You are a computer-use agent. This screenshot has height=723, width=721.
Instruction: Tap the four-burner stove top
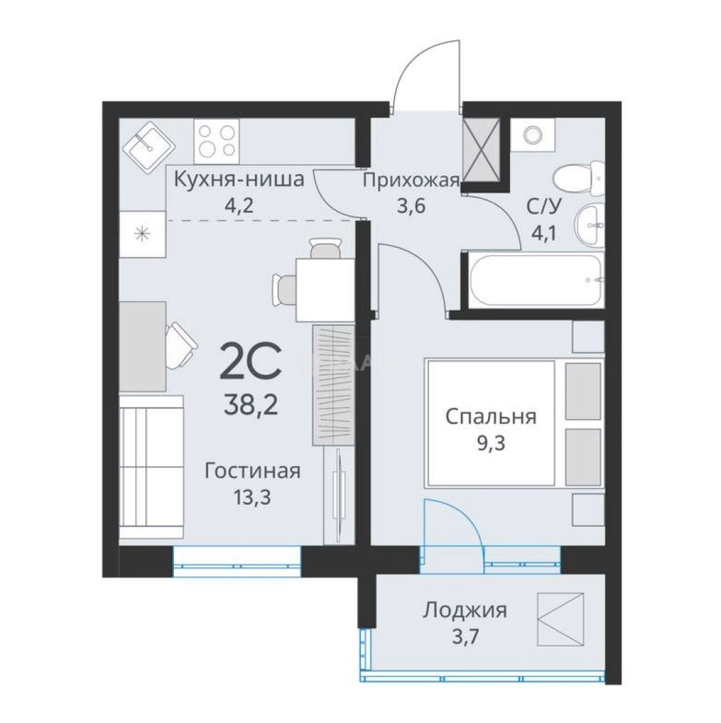pyautogui.click(x=217, y=141)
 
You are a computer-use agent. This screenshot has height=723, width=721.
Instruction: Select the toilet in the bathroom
pyautogui.click(x=579, y=177)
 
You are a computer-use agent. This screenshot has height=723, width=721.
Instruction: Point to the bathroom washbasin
pyautogui.click(x=590, y=226)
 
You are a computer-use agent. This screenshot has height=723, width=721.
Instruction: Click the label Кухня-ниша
pyautogui.click(x=239, y=179)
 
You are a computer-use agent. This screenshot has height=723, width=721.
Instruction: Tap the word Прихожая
pyautogui.click(x=411, y=181)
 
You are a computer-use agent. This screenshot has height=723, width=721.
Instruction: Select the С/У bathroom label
pyautogui.click(x=544, y=207)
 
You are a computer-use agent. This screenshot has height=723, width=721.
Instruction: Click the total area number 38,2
pyautogui.click(x=251, y=406)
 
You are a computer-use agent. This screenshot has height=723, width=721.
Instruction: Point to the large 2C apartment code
pyautogui.click(x=251, y=361)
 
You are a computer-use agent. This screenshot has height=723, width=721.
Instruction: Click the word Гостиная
pyautogui.click(x=252, y=471)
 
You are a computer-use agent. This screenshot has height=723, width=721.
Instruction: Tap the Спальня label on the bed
pyautogui.click(x=491, y=417)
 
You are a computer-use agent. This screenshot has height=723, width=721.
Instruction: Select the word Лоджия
pyautogui.click(x=465, y=611)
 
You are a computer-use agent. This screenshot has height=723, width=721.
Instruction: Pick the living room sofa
pyautogui.click(x=152, y=467)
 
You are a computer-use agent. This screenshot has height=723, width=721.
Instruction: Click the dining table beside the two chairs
pyautogui.click(x=325, y=290)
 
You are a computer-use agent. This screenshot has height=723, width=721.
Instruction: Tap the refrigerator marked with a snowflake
pyautogui.click(x=143, y=234)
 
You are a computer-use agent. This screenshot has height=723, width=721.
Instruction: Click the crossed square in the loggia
pyautogui.click(x=560, y=619)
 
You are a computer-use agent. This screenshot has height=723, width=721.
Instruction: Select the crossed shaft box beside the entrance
pyautogui.click(x=481, y=150)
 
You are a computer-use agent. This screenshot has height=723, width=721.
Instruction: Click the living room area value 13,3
pyautogui.click(x=252, y=497)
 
